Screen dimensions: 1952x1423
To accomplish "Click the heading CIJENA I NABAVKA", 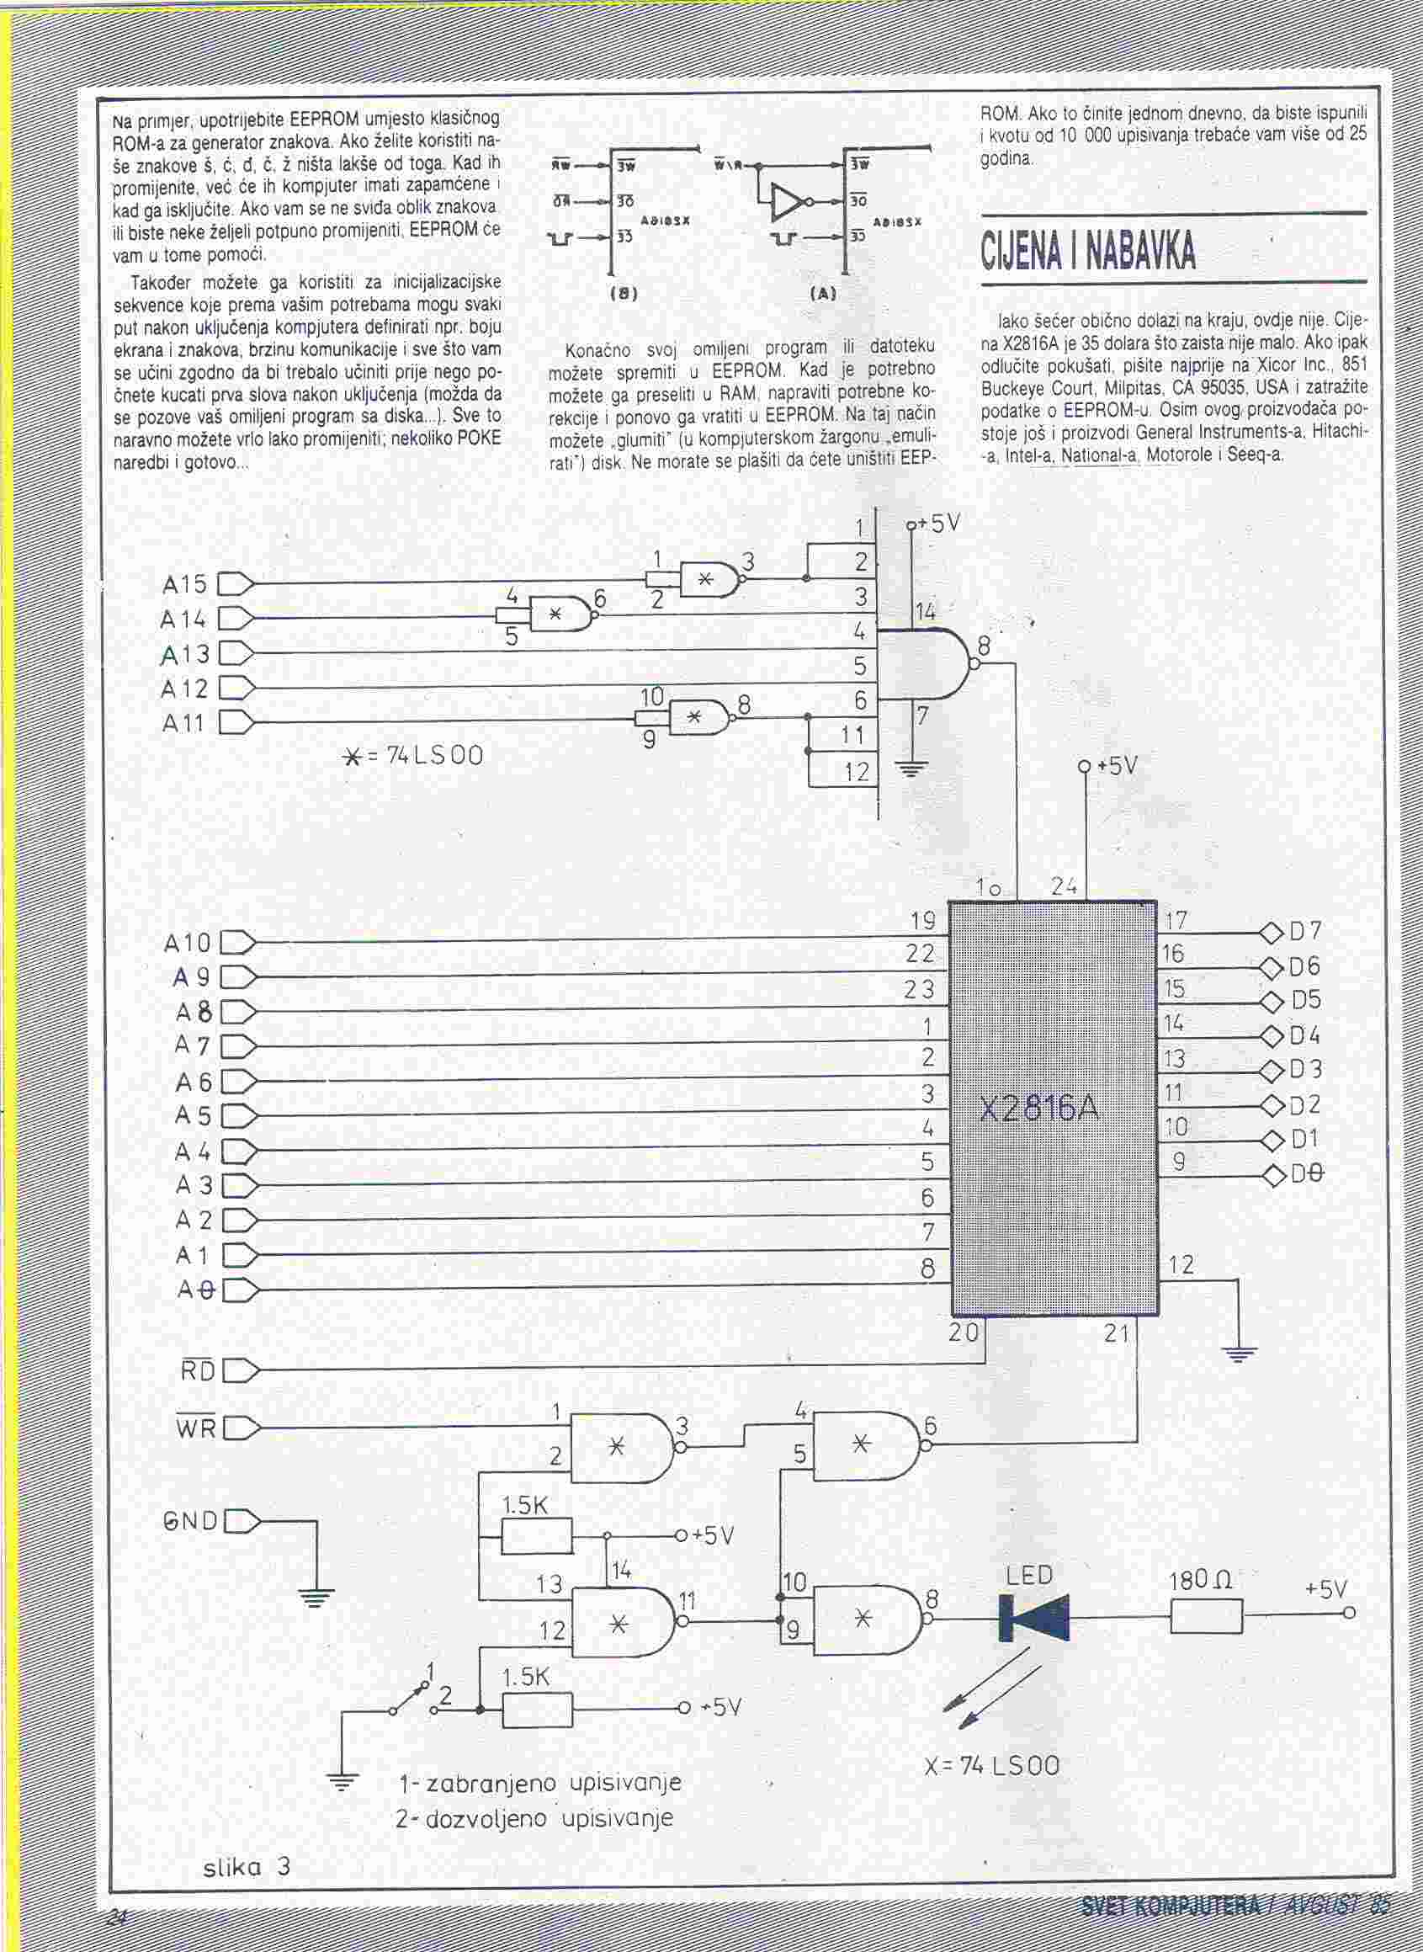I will [x=1089, y=251].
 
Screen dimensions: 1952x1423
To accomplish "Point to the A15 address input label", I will [x=185, y=585].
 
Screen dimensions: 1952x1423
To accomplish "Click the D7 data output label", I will [x=1305, y=932].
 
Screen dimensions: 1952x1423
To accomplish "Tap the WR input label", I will [x=196, y=1428].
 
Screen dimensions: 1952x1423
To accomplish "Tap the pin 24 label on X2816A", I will [x=1065, y=885].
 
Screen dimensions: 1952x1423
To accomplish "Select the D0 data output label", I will [x=1307, y=1174].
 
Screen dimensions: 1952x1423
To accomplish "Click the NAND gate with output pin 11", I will [x=622, y=1622].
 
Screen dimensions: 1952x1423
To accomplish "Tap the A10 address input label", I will [x=187, y=944].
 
